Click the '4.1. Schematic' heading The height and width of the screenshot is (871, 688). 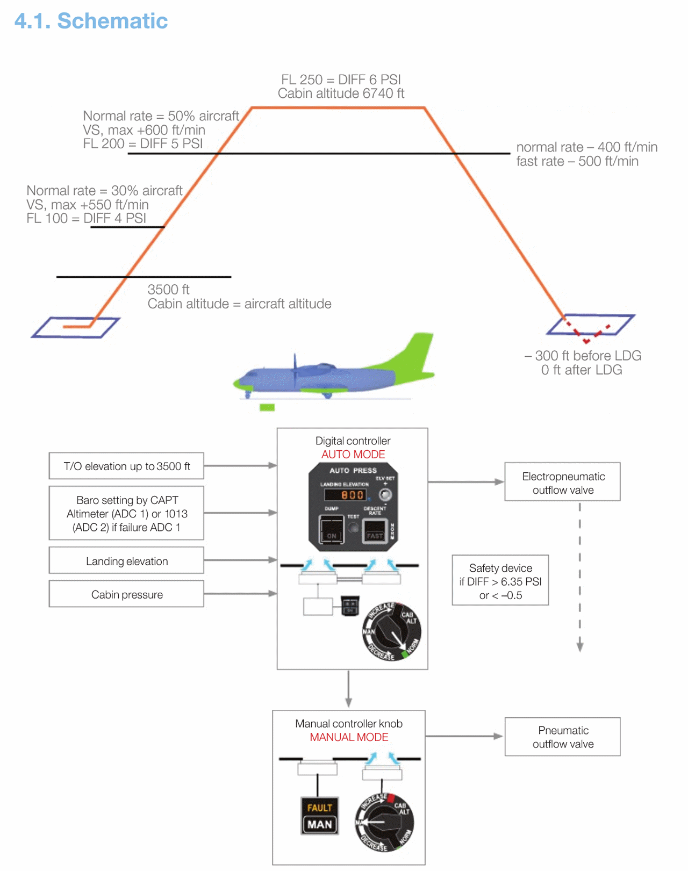coord(91,21)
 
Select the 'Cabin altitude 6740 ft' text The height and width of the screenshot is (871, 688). coord(341,93)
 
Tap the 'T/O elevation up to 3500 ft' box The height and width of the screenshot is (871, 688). coord(126,466)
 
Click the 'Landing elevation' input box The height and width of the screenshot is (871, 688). coord(126,561)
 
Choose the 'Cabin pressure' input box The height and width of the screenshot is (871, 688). coord(126,594)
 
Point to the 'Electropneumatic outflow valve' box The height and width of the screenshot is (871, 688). coord(563,483)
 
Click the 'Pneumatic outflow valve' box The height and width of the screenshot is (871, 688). coord(563,737)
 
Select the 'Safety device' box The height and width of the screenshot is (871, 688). coord(500,581)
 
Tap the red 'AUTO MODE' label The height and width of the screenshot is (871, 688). coord(353,455)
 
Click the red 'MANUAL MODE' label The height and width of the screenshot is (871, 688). coord(349,737)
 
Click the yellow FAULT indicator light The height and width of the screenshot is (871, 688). coord(319,808)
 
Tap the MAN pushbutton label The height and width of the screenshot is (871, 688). coord(319,825)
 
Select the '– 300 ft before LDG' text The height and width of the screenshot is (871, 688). coord(583,356)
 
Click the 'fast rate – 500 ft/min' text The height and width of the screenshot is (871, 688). coord(577,161)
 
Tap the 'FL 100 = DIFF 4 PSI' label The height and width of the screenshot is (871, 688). coord(86,219)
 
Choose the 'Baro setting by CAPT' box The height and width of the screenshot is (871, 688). coord(126,513)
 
